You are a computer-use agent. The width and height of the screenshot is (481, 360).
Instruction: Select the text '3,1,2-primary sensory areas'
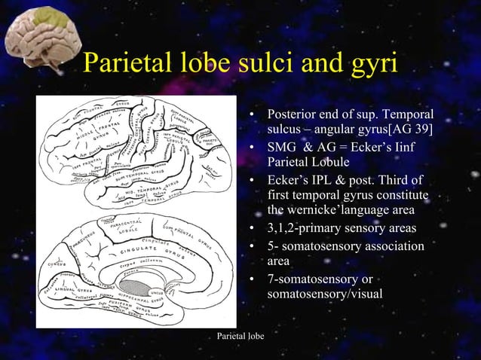(x=341, y=228)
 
